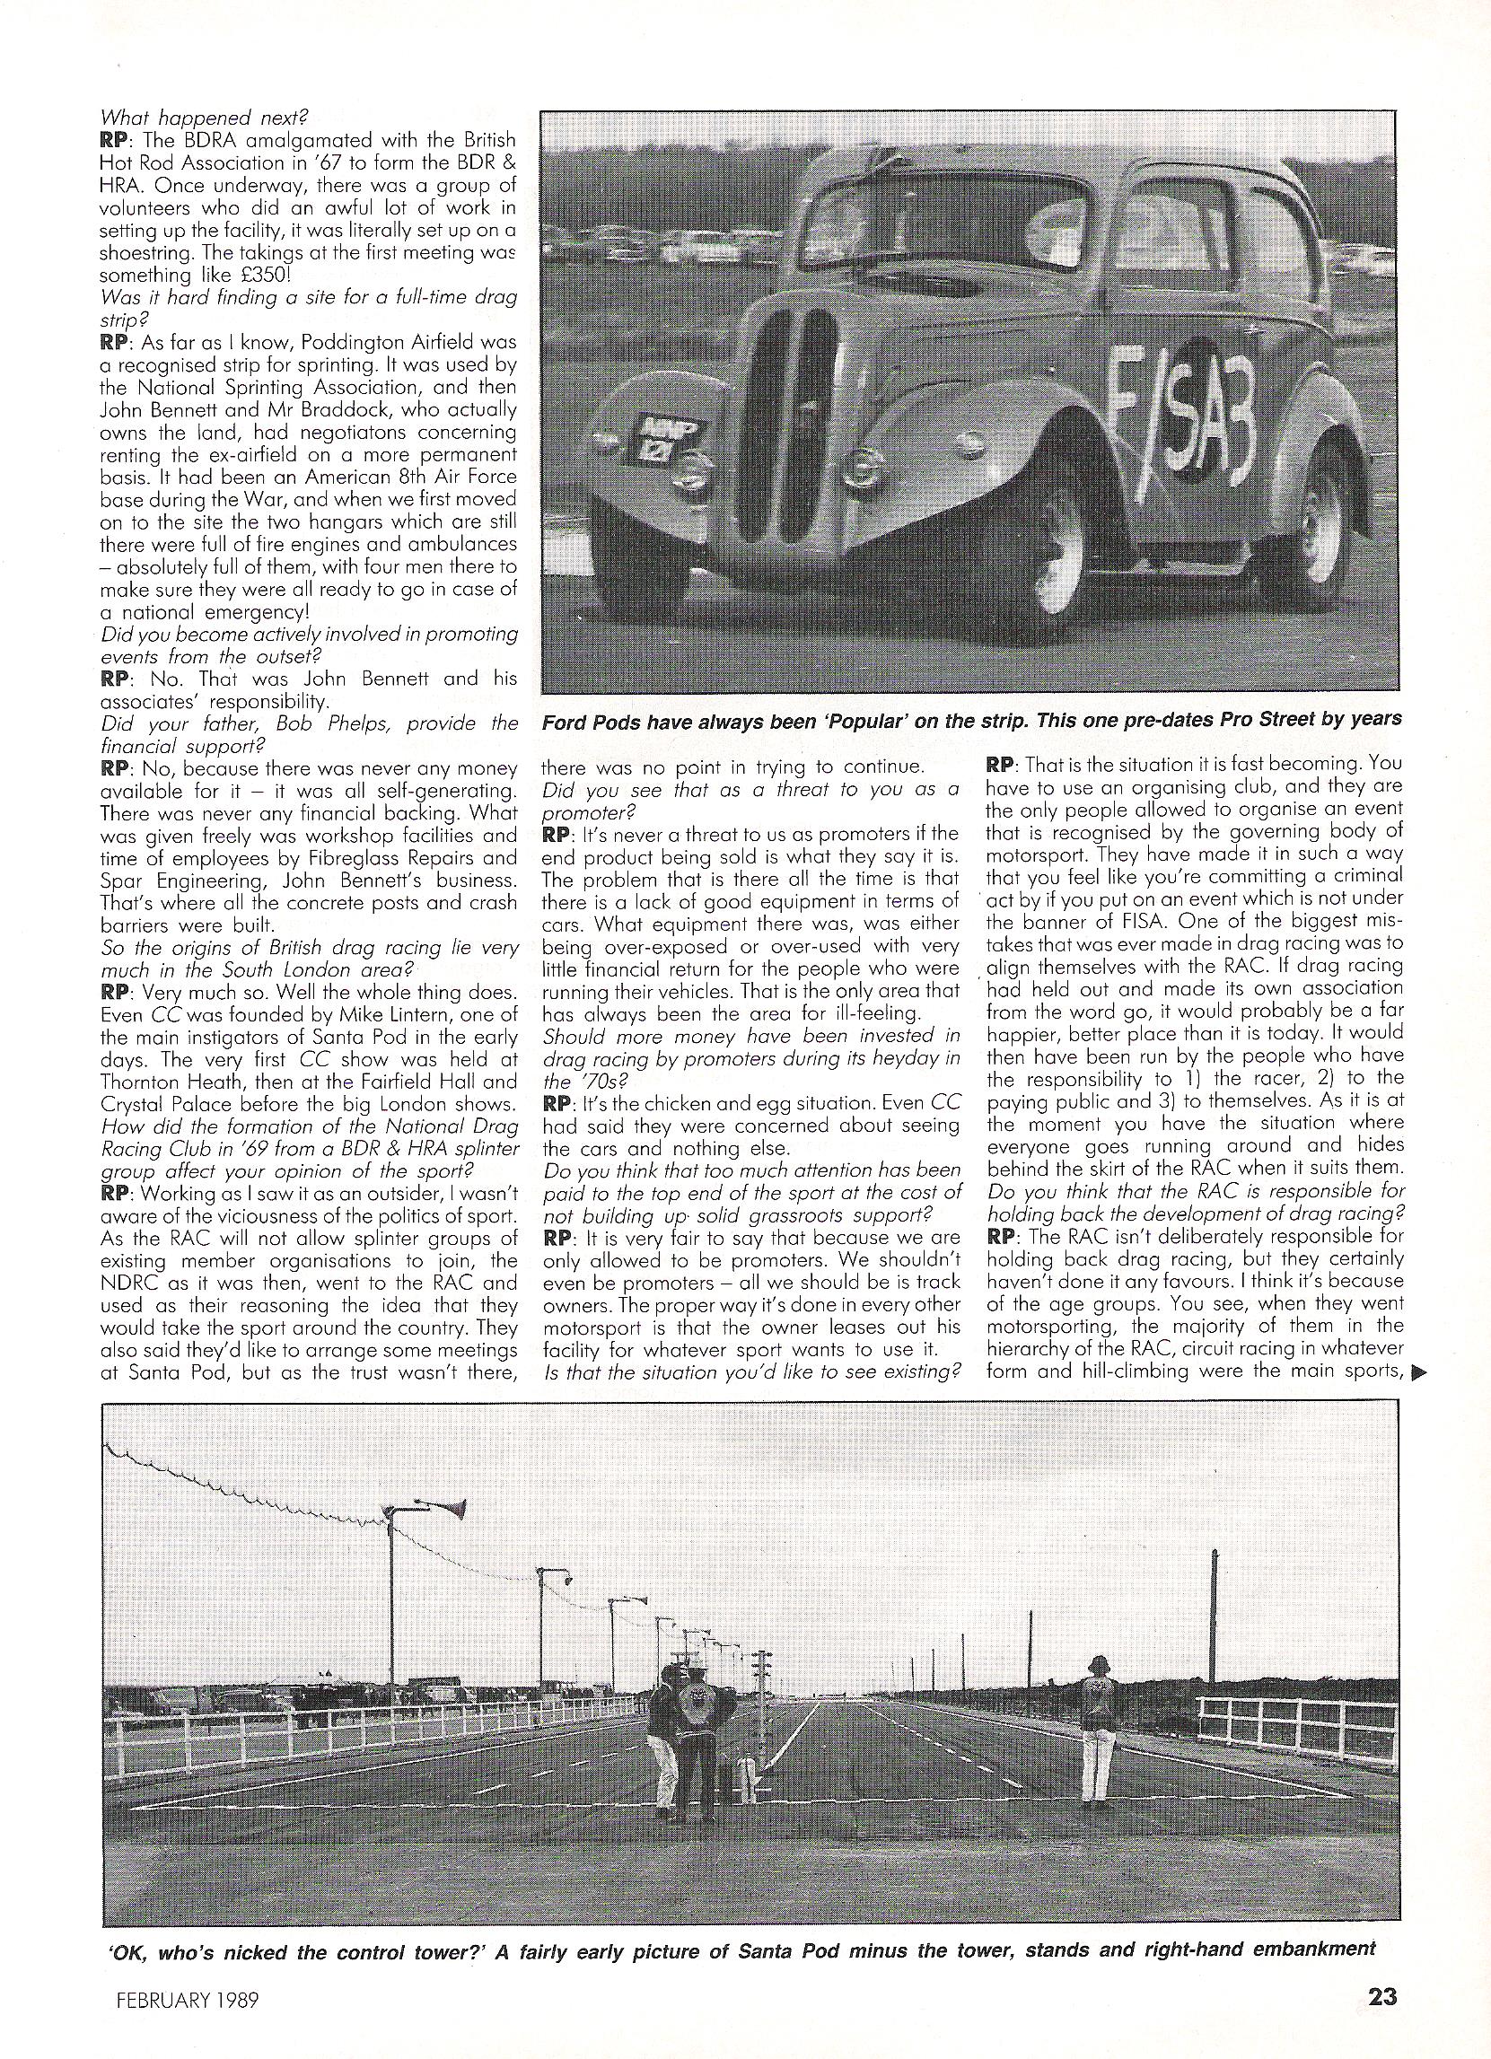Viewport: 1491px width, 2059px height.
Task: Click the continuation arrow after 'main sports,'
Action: tap(1421, 1374)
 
